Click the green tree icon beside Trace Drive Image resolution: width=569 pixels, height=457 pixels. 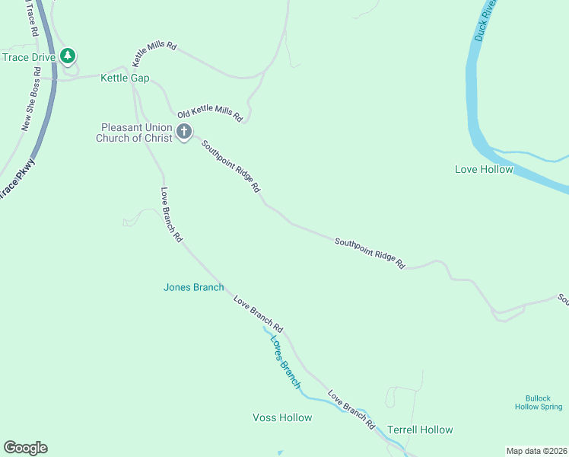pyautogui.click(x=68, y=56)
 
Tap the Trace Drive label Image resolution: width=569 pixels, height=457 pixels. pyautogui.click(x=29, y=56)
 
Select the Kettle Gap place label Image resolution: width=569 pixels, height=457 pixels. pyautogui.click(x=126, y=78)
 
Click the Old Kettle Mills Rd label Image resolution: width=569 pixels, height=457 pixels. pyautogui.click(x=209, y=116)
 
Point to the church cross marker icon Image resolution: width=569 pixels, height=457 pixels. pyautogui.click(x=183, y=133)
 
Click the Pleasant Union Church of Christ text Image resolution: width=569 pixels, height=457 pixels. pyautogui.click(x=134, y=133)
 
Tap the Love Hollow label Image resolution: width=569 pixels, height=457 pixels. pyautogui.click(x=484, y=169)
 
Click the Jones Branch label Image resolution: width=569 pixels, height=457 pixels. pyautogui.click(x=193, y=287)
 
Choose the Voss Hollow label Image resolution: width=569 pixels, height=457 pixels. pyautogui.click(x=282, y=417)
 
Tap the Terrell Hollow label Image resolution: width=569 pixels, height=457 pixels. pyautogui.click(x=420, y=430)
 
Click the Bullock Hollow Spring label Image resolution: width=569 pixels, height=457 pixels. pyautogui.click(x=543, y=402)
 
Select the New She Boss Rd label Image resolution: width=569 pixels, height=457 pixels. pyautogui.click(x=31, y=99)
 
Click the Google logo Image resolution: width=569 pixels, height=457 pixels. pyautogui.click(x=25, y=448)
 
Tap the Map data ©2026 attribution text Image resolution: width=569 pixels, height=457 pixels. pyautogui.click(x=536, y=450)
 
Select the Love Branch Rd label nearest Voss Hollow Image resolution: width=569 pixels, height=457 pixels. pyautogui.click(x=351, y=409)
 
